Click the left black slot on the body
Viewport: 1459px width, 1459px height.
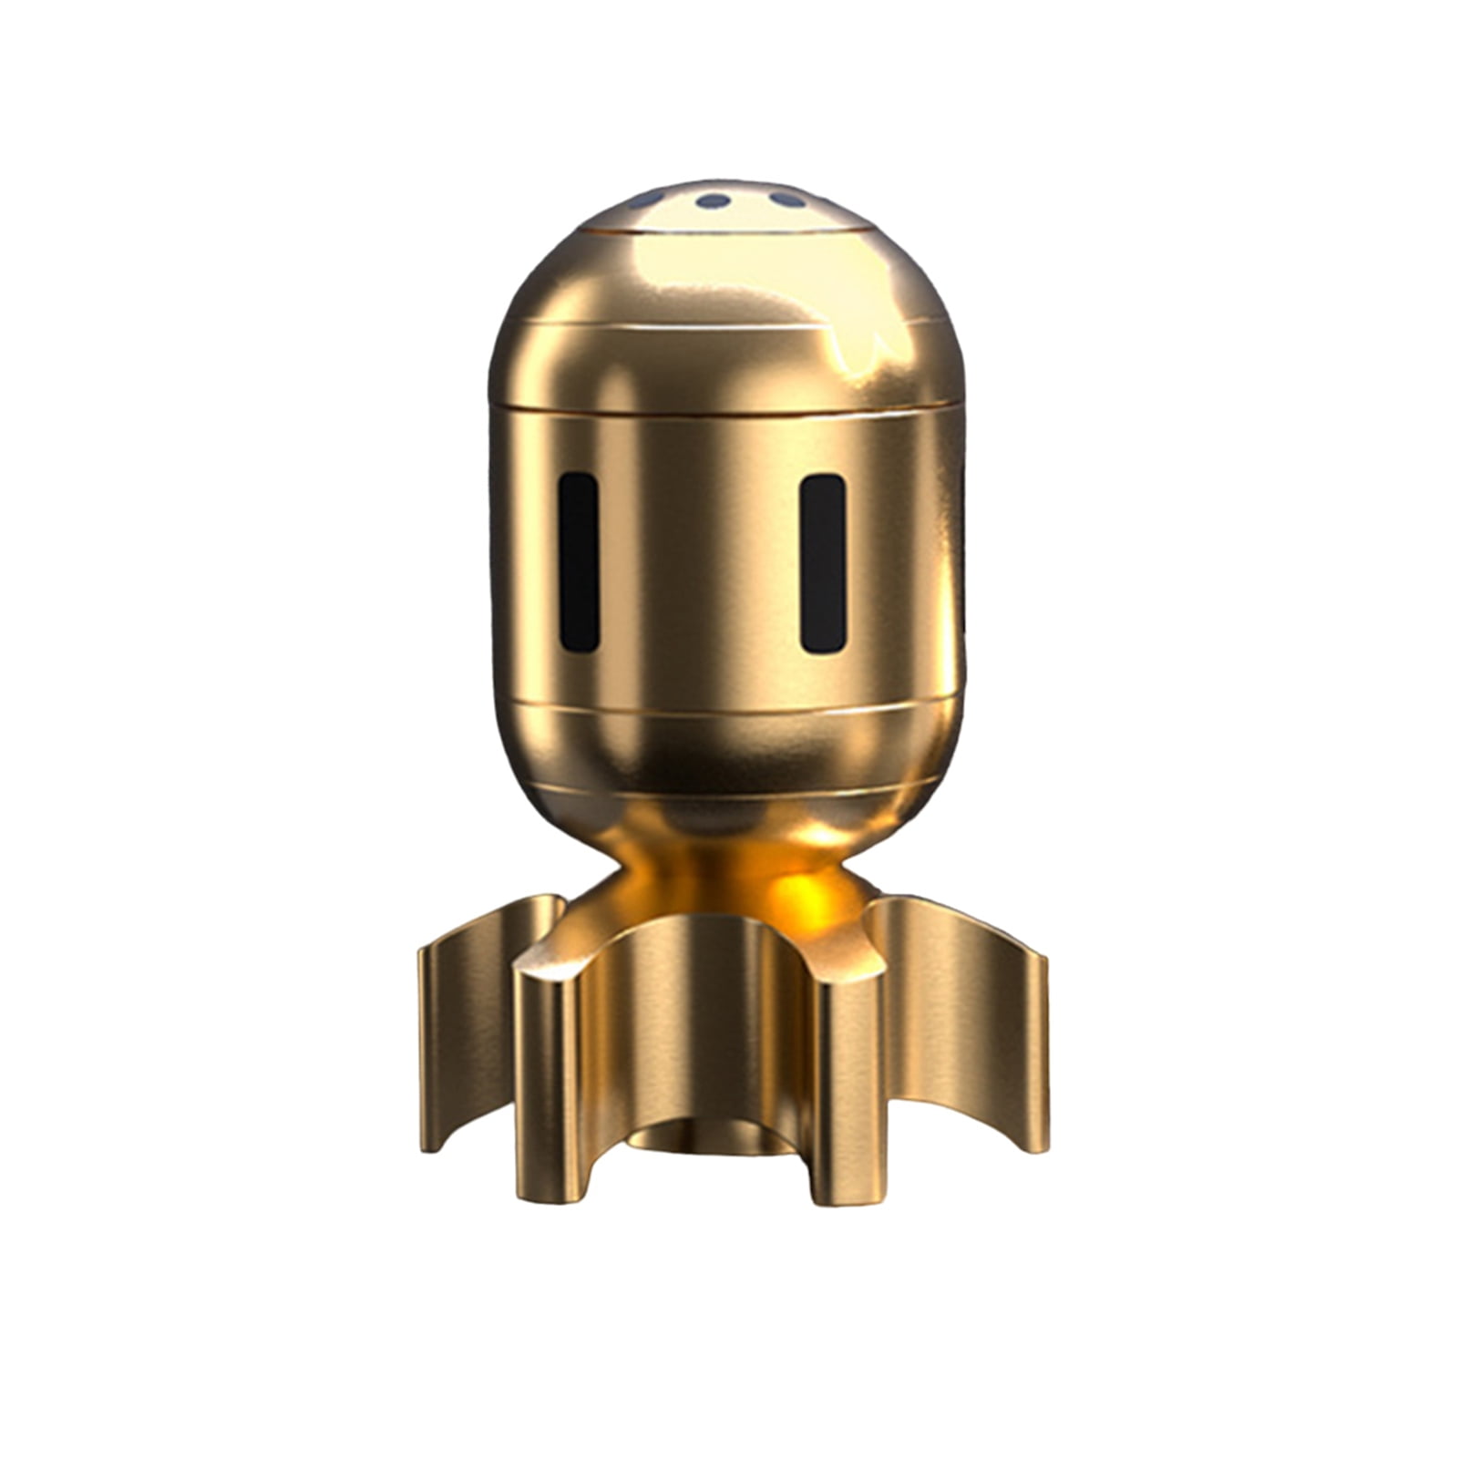click(579, 561)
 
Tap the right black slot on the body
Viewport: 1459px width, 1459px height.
click(823, 562)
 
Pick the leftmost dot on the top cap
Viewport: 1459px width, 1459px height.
click(648, 199)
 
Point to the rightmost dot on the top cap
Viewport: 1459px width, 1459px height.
click(786, 198)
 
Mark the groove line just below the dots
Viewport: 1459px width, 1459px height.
click(720, 233)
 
